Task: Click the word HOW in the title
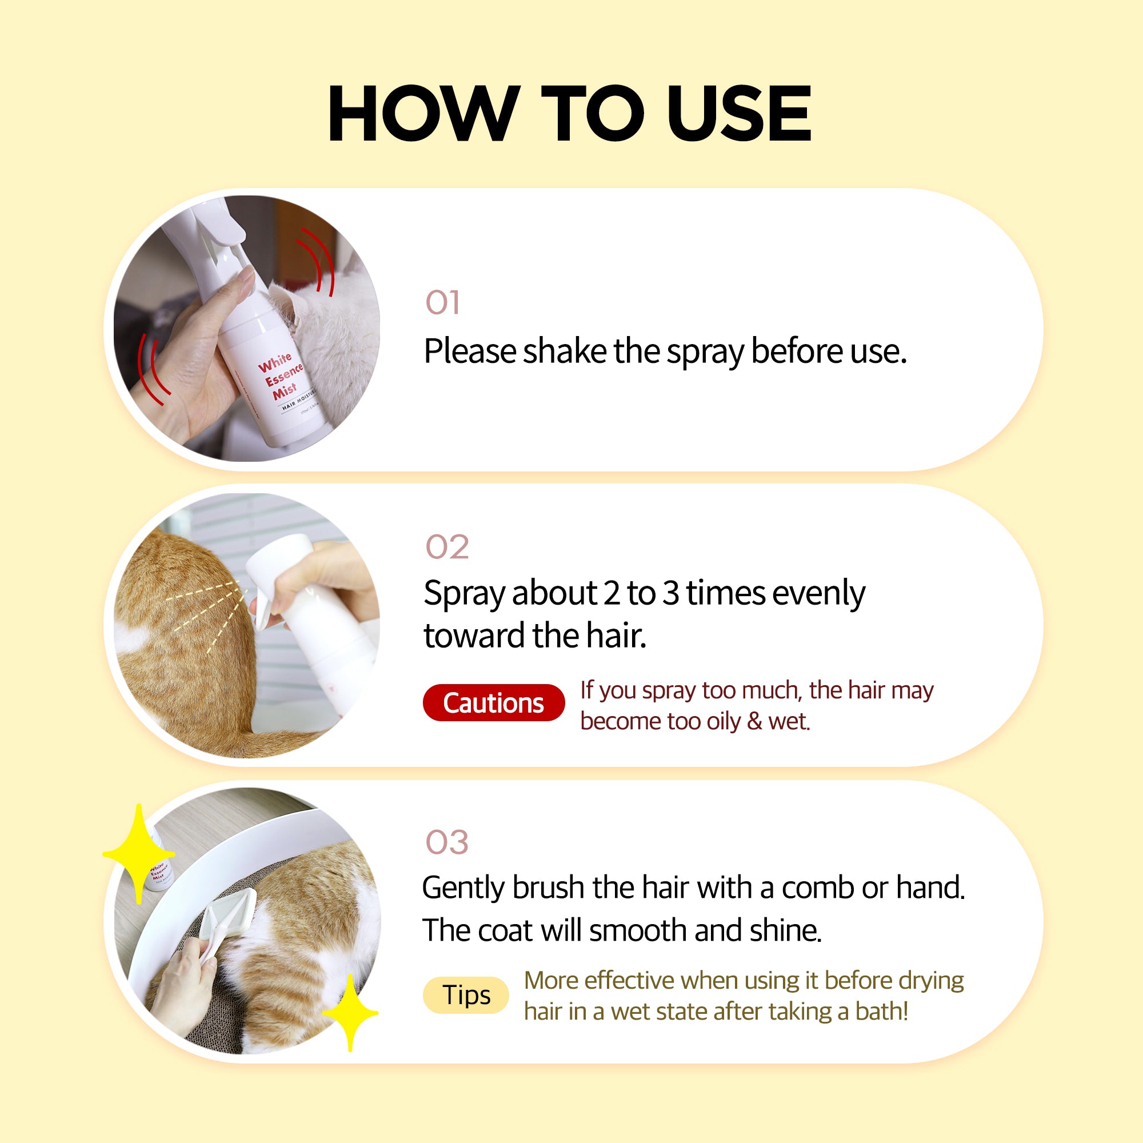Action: point(424,113)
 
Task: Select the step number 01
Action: point(442,302)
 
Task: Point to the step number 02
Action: point(447,547)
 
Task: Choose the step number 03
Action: point(447,842)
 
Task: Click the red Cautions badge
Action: point(493,702)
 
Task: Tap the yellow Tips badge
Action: point(466,994)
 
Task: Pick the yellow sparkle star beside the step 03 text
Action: point(350,1012)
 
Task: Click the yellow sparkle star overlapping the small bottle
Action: point(139,854)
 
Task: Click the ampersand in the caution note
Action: point(755,721)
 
